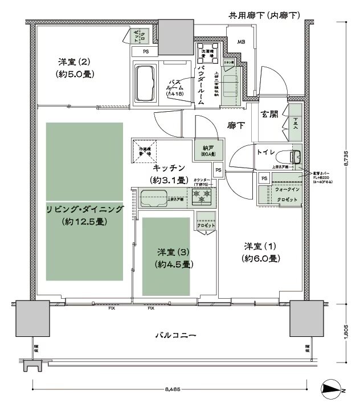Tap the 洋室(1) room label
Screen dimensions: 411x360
[261, 246]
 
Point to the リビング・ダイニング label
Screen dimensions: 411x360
[85, 209]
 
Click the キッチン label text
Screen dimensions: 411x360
[169, 168]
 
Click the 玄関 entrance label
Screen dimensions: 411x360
[269, 115]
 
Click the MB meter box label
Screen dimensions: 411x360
[241, 42]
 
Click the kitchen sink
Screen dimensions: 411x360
[153, 200]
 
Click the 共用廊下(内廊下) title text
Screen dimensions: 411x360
[264, 14]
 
